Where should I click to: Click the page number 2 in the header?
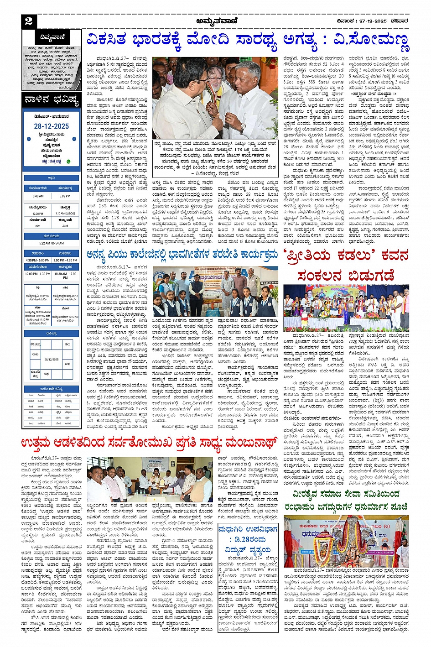click(29, 21)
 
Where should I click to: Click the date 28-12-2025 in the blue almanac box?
click(52, 126)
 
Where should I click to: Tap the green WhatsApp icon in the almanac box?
click(68, 161)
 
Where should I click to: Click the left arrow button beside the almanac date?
click(28, 139)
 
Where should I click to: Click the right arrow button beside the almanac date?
click(75, 139)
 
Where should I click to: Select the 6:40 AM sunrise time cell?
click(38, 196)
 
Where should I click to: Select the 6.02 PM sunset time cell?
click(65, 196)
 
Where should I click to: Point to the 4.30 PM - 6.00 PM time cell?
click(38, 260)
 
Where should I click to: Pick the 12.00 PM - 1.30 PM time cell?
click(38, 274)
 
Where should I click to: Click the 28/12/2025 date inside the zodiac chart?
click(52, 360)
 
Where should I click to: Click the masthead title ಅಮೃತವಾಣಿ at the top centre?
click(215, 21)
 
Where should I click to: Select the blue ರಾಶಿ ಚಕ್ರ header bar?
click(52, 334)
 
